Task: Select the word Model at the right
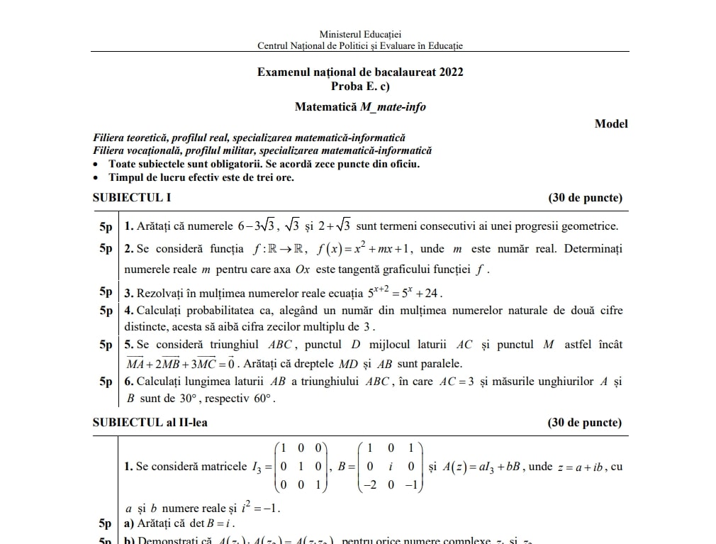click(611, 123)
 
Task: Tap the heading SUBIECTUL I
click(132, 198)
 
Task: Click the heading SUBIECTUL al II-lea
click(150, 422)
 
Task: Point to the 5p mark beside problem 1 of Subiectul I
click(106, 227)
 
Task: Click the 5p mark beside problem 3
click(106, 292)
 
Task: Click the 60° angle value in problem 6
click(262, 398)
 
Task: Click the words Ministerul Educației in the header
click(360, 34)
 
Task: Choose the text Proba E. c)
click(360, 87)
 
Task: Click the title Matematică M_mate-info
click(360, 107)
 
